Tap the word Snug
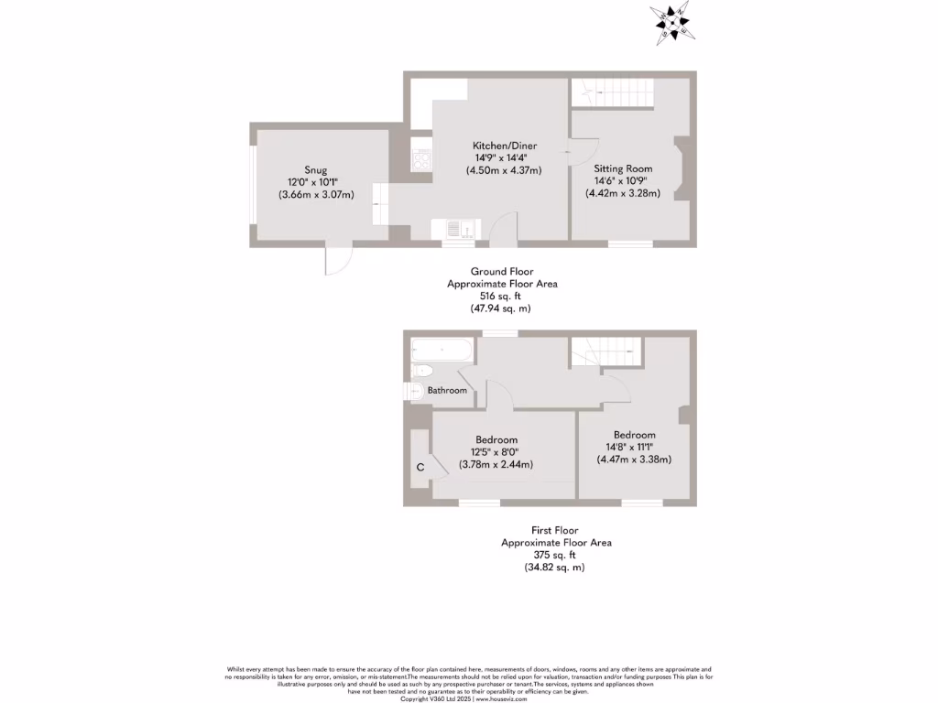[x=315, y=170]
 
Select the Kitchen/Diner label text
[x=504, y=146]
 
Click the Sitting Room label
[x=623, y=168]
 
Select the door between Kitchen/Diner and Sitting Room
[x=581, y=151]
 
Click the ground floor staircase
[x=612, y=92]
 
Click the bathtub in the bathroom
[x=442, y=350]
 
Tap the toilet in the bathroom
[x=421, y=371]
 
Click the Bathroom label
[x=448, y=391]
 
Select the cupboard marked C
[x=420, y=467]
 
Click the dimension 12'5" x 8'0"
[x=496, y=451]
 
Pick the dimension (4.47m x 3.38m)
[x=634, y=459]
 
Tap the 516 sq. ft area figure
[x=501, y=297]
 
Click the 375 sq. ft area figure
[x=555, y=555]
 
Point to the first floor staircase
[x=605, y=351]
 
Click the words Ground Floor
[x=501, y=271]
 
